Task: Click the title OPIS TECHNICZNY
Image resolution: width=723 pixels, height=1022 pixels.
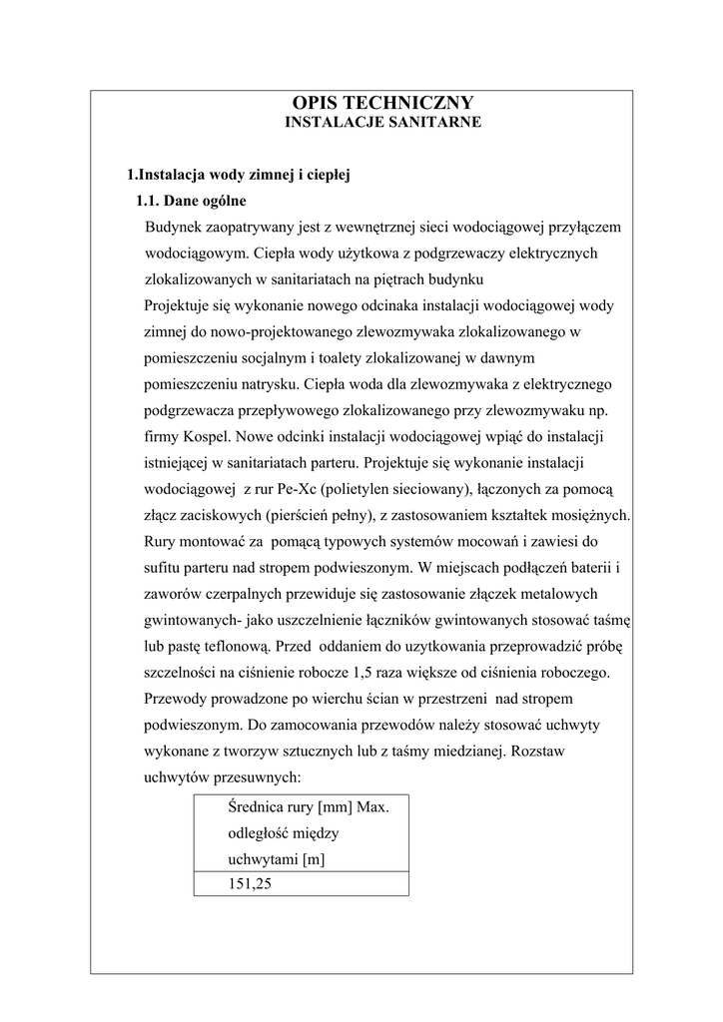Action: pyautogui.click(x=382, y=103)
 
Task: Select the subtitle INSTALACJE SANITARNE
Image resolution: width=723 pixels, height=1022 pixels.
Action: pyautogui.click(x=383, y=122)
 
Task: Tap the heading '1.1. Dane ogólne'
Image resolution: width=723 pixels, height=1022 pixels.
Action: pyautogui.click(x=191, y=201)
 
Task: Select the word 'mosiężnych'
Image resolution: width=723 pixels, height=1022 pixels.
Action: pyautogui.click(x=590, y=514)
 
